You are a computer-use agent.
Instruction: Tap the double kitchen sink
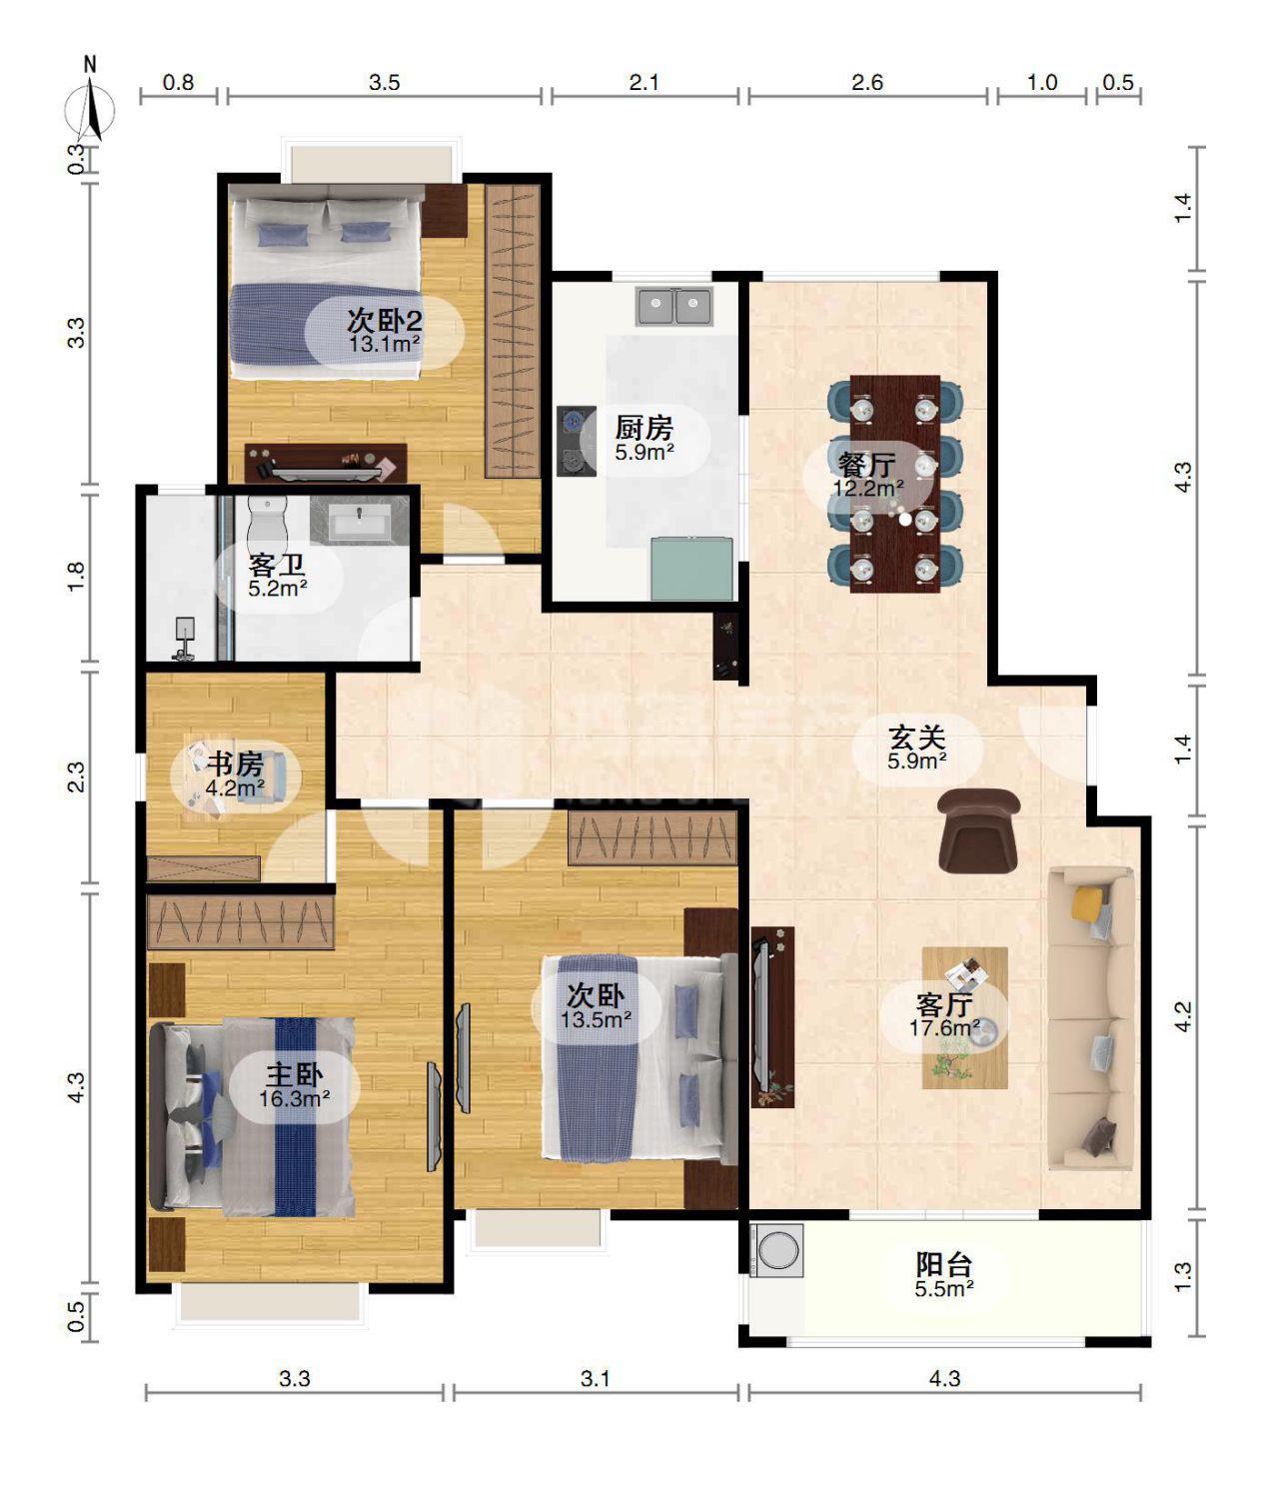coord(674,306)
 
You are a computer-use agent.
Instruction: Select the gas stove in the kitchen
coord(577,441)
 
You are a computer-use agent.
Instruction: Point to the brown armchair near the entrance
coord(979,829)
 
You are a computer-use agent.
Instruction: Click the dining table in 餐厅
coord(894,484)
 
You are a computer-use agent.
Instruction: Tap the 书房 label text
coord(235,764)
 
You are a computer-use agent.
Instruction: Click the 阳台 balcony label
coord(944,1265)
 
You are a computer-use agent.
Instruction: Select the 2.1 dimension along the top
coord(643,82)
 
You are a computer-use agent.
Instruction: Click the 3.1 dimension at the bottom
coord(596,1379)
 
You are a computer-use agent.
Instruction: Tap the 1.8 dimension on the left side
coord(76,577)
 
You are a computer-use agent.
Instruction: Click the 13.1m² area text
coord(384,344)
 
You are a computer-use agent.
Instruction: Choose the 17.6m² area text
coord(944,1028)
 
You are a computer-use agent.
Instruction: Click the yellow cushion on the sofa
coord(1089,903)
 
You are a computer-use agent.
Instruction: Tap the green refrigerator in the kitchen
coord(692,568)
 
